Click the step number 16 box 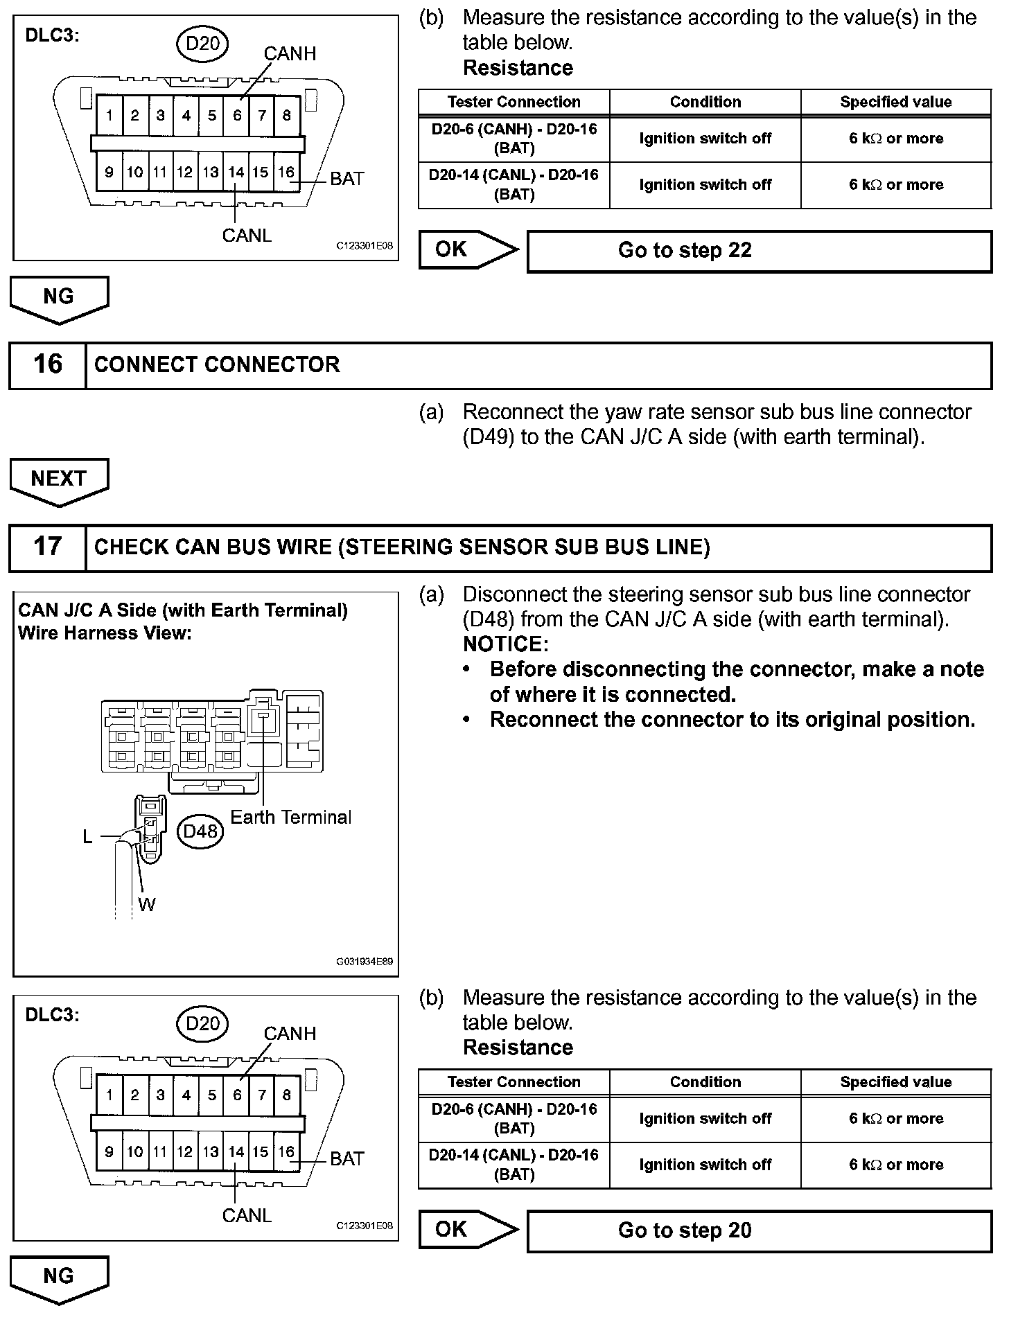click(47, 364)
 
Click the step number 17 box click(47, 547)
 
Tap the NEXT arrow click(59, 479)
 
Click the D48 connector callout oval click(201, 831)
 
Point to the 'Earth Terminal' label click(290, 818)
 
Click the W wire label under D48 click(146, 904)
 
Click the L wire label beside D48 click(87, 837)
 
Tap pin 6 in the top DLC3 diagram click(237, 116)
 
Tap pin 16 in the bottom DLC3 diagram click(286, 1151)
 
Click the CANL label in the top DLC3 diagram click(247, 236)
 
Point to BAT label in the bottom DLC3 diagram click(346, 1158)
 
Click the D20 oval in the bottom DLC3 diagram click(202, 1023)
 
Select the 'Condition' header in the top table click(705, 102)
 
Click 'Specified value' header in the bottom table click(895, 1082)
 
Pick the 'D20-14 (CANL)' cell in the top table click(514, 184)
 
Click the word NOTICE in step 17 click(504, 644)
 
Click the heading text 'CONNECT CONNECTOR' click(217, 365)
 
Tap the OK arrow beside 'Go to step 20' click(467, 1230)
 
